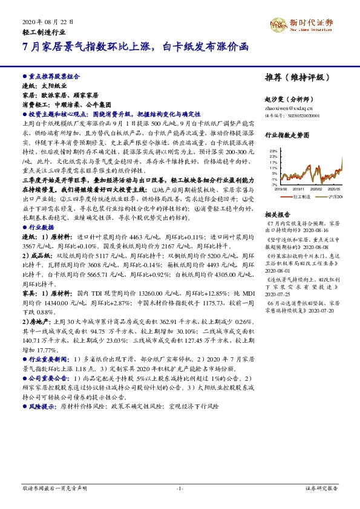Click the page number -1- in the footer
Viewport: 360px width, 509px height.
(180, 487)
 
